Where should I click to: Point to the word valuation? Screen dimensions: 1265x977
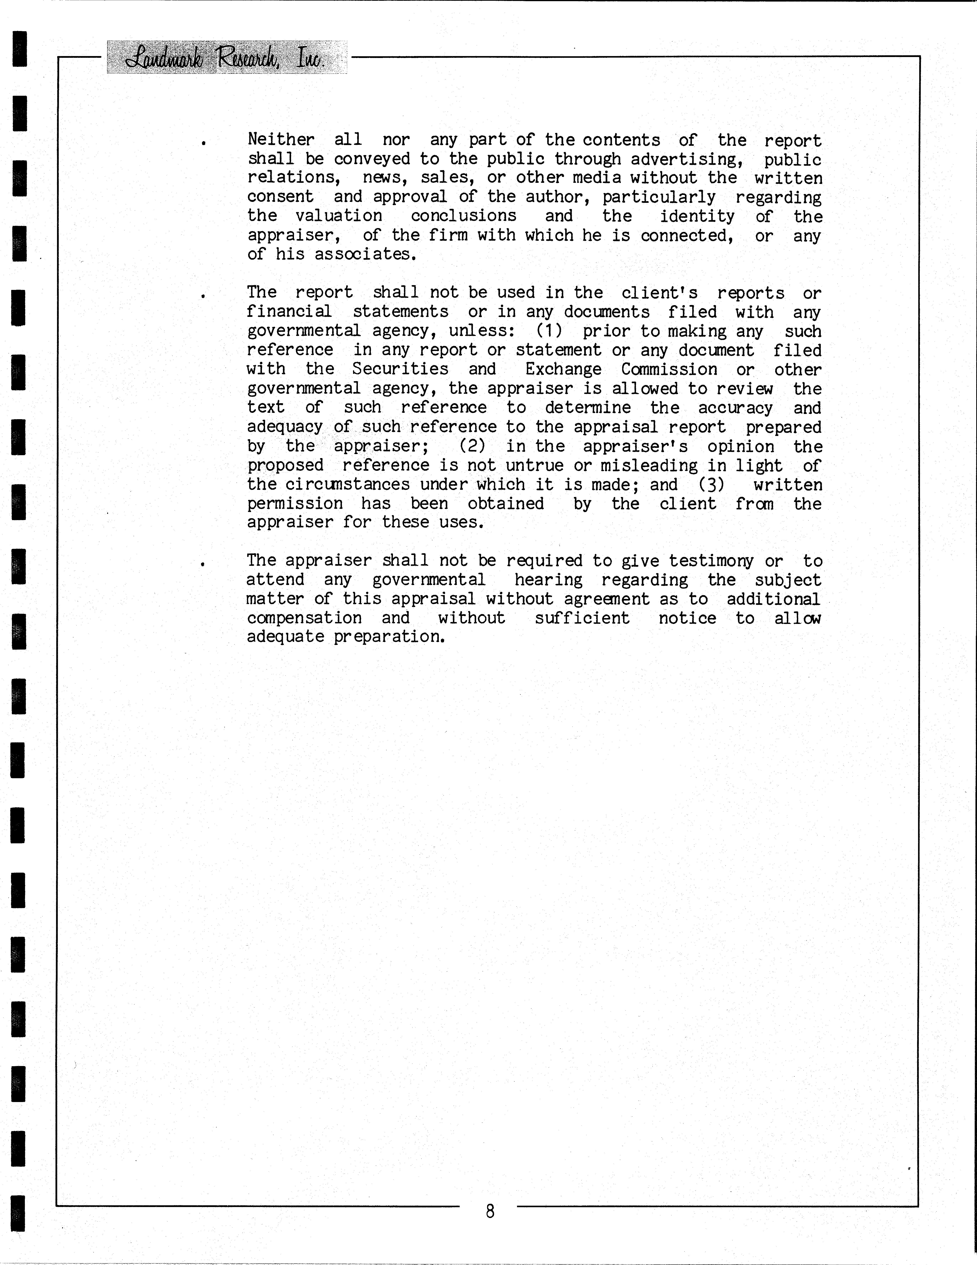coord(339,216)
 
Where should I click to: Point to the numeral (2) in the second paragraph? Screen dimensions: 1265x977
coord(472,446)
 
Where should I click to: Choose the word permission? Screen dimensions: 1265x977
coord(295,503)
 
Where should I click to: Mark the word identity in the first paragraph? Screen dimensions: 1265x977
coord(697,216)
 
